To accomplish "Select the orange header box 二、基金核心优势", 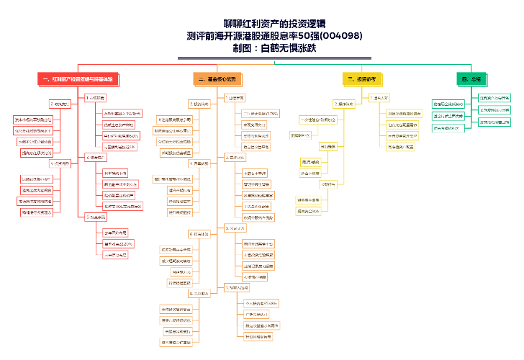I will [x=215, y=78].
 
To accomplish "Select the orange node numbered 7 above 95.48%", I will [x=238, y=287].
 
